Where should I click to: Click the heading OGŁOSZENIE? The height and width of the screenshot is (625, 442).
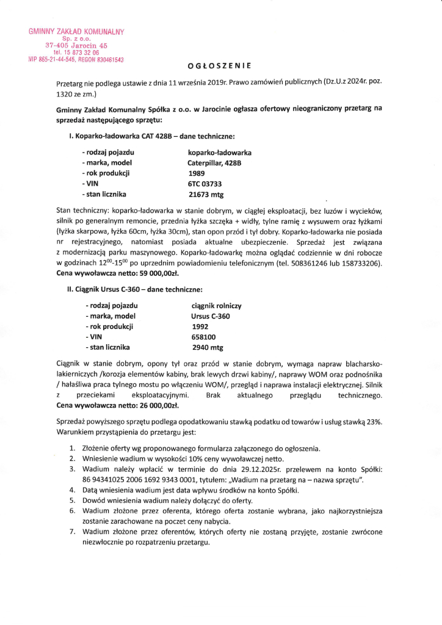220,65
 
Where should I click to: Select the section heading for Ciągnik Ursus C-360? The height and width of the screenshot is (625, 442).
135,289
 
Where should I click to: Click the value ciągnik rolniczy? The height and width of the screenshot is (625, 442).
217,305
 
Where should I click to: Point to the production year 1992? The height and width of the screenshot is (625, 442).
200,327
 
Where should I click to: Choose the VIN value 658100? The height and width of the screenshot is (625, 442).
203,338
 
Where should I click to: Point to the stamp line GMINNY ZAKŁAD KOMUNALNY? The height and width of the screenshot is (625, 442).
76,32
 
